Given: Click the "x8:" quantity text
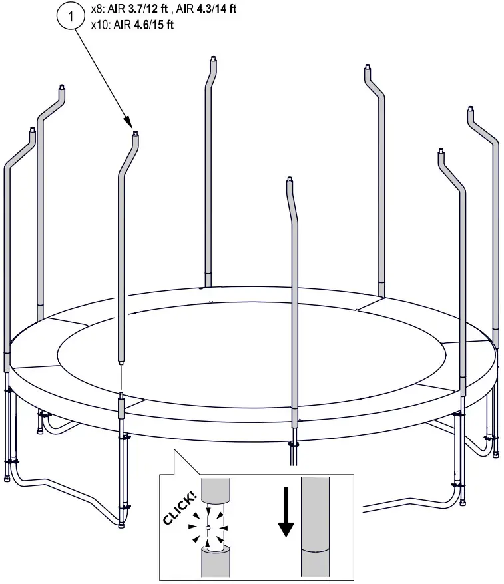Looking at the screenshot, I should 98,11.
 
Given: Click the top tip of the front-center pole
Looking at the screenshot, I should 289,180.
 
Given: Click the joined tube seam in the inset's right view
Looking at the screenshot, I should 315,551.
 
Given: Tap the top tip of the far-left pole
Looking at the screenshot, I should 31,128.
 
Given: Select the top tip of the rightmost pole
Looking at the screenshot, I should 470,108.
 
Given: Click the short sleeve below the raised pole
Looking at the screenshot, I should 121,407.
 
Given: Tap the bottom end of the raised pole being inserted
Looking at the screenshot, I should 121,362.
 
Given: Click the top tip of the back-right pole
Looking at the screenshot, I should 367,67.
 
